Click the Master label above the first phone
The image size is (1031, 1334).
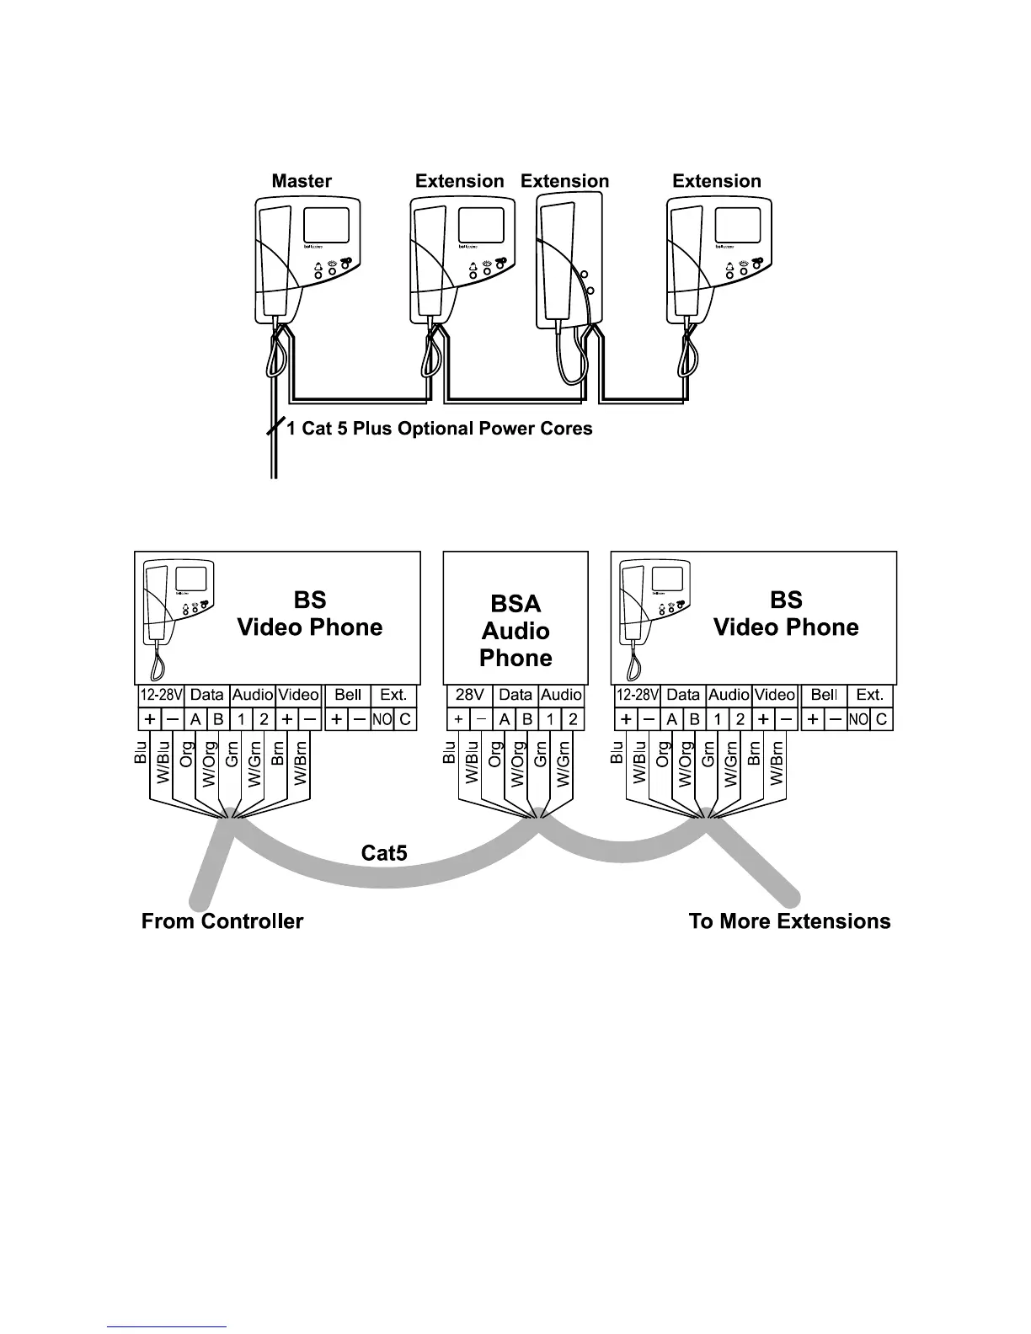(x=302, y=181)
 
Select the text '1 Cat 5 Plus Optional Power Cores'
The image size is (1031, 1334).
(x=439, y=429)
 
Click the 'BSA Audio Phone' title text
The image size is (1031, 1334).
(x=515, y=631)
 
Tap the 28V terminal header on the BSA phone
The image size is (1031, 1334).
(x=469, y=695)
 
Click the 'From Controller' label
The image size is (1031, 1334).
(x=222, y=920)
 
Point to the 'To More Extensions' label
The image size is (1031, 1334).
(x=789, y=920)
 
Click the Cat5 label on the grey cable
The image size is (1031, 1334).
(x=384, y=853)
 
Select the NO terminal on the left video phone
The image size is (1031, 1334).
(x=382, y=720)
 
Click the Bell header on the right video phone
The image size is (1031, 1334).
(x=824, y=695)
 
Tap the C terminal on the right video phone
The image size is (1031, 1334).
(x=881, y=720)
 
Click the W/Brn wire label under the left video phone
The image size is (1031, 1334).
(x=300, y=762)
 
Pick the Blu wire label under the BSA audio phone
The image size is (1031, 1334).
(x=450, y=752)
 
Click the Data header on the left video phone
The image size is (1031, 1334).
(x=206, y=695)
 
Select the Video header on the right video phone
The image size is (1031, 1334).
(x=775, y=695)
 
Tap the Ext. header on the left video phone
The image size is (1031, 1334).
(x=393, y=695)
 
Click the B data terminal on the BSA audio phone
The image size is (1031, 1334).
(x=527, y=720)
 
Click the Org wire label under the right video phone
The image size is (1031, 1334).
(x=663, y=752)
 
